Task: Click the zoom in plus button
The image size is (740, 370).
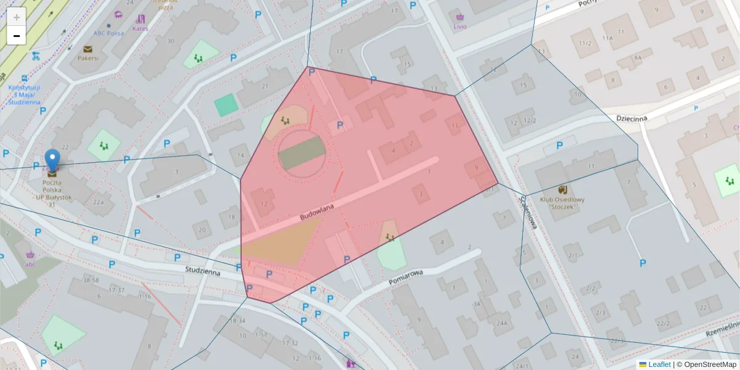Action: [x=17, y=17]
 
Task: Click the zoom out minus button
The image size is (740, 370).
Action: [x=17, y=36]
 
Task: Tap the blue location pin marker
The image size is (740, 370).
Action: [x=53, y=159]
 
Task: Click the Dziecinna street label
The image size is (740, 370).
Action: [x=631, y=118]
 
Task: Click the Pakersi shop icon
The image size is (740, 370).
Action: [x=88, y=49]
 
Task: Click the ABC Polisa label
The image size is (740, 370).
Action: [x=108, y=33]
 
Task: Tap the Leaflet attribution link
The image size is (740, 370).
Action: [x=659, y=364]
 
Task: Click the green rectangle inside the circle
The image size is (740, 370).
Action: [x=302, y=153]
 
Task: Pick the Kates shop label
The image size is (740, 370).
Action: [x=141, y=28]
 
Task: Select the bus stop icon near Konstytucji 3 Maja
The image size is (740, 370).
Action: [x=23, y=79]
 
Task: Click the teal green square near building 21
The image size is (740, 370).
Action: [x=226, y=105]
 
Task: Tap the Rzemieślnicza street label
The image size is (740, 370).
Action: [x=725, y=327]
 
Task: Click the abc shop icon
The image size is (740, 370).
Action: [x=30, y=255]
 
